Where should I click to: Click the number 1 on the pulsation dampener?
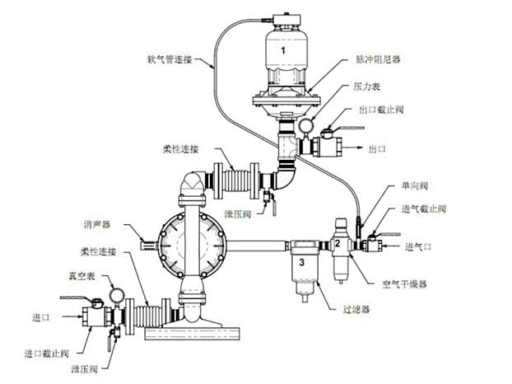(285, 50)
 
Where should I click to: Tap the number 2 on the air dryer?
(336, 244)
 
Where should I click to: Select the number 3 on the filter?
(302, 262)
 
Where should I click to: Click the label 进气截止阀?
(426, 210)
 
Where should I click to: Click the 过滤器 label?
(355, 309)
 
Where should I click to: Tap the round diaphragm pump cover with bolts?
(184, 242)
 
